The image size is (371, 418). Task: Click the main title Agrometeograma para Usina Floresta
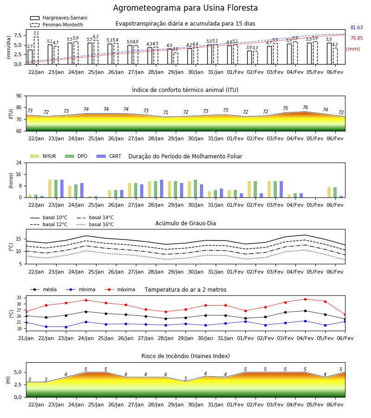tap(185, 8)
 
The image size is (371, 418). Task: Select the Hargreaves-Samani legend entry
tap(59, 18)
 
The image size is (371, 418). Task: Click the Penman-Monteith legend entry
tap(57, 25)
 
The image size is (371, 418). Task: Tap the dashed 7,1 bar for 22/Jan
tap(36, 50)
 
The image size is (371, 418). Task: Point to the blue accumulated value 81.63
tap(357, 27)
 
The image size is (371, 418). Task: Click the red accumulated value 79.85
tap(357, 38)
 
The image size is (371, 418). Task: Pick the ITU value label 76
tap(305, 107)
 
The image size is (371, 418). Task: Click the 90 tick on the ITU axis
tap(19, 96)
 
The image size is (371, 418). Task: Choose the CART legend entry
tap(109, 156)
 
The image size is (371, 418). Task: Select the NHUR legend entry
tap(43, 156)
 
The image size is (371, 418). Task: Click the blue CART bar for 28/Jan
tap(161, 189)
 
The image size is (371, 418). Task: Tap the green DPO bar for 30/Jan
tap(196, 189)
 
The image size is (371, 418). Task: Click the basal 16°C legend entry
tap(95, 224)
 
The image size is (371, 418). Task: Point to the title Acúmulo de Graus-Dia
tap(185, 223)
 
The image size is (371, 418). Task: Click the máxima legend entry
tap(120, 289)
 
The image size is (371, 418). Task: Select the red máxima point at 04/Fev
tap(305, 300)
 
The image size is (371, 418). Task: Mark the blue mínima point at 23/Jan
tap(66, 327)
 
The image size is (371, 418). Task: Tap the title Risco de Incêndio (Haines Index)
tap(185, 356)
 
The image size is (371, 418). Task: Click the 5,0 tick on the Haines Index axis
tap(18, 372)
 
